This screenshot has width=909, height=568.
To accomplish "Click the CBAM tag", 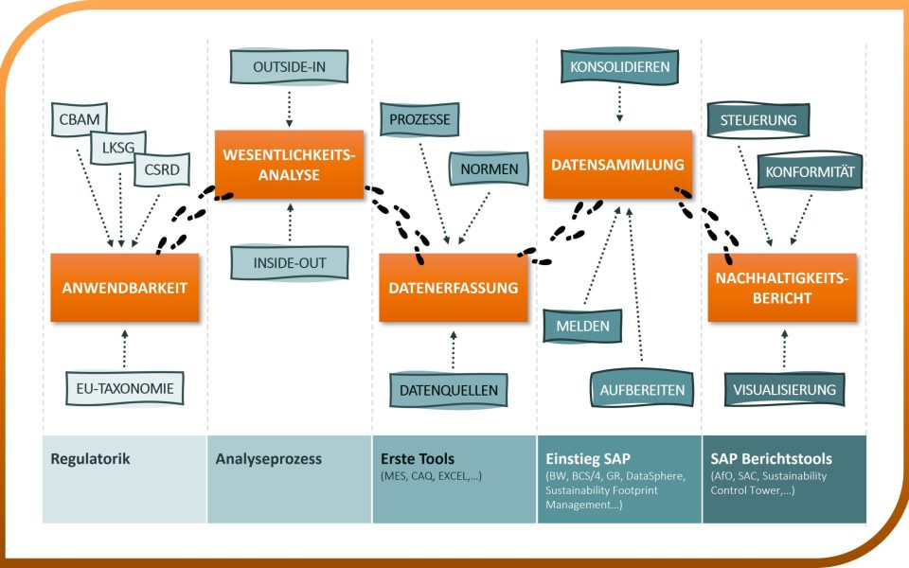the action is pyautogui.click(x=80, y=119).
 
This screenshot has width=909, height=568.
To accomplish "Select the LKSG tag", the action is pyautogui.click(x=118, y=148).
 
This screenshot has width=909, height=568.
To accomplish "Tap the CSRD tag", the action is pyautogui.click(x=162, y=169).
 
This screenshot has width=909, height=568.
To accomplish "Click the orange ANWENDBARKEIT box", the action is pyautogui.click(x=125, y=288).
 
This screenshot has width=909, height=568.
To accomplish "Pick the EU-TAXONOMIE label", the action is pyautogui.click(x=125, y=388).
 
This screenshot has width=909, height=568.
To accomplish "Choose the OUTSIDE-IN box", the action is pyautogui.click(x=290, y=66).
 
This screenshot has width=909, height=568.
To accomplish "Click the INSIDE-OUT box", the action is pyautogui.click(x=290, y=262).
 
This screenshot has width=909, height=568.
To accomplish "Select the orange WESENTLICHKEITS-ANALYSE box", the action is pyautogui.click(x=289, y=165).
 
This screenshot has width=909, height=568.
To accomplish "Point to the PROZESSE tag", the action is pyautogui.click(x=419, y=119).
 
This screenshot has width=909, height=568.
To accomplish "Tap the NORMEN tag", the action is pyautogui.click(x=490, y=169).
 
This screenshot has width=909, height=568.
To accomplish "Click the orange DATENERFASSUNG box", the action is pyautogui.click(x=454, y=288).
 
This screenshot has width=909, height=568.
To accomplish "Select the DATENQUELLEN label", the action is pyautogui.click(x=449, y=390).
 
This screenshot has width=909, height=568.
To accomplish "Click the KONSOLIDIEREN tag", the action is pyautogui.click(x=619, y=66).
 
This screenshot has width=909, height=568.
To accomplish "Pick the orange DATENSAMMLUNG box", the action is pyautogui.click(x=617, y=165).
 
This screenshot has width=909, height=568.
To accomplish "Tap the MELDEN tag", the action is pyautogui.click(x=582, y=326).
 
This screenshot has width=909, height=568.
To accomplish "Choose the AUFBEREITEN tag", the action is pyautogui.click(x=642, y=390).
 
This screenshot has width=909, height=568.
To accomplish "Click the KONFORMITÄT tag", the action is pyautogui.click(x=810, y=171).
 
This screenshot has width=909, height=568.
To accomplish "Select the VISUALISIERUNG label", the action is pyautogui.click(x=784, y=389).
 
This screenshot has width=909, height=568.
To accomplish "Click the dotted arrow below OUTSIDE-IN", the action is pyautogui.click(x=290, y=109).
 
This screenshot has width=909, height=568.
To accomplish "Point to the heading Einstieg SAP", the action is pyautogui.click(x=588, y=459).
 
